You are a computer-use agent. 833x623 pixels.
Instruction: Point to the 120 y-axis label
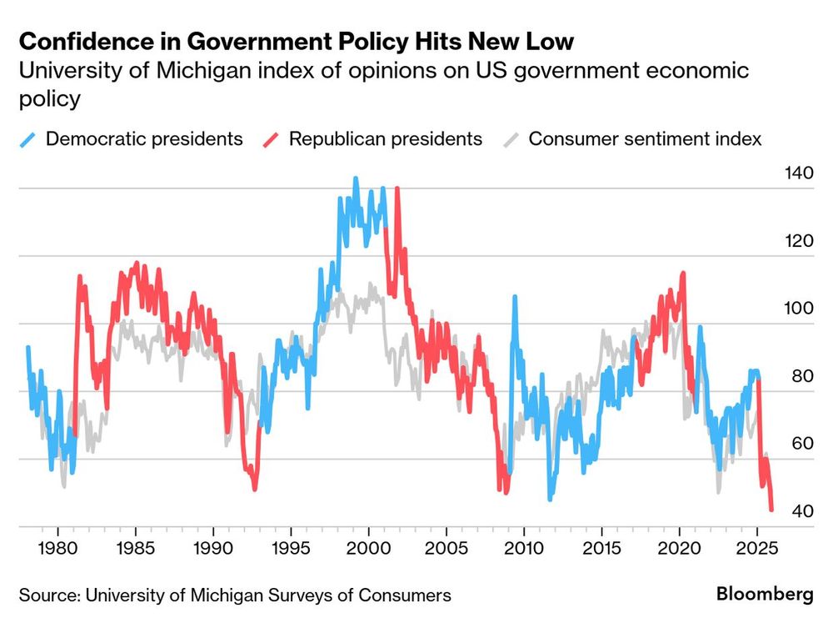pos(798,241)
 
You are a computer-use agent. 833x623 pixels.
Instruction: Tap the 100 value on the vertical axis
pos(798,309)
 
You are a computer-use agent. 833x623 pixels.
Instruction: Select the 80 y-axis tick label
pos(801,376)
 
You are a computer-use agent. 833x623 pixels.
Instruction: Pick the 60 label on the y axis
pos(801,443)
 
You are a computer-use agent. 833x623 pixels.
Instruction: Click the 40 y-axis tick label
pos(801,510)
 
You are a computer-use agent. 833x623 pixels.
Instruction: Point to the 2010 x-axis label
pos(525,551)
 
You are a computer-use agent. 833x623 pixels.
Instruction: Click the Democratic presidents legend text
pos(144,138)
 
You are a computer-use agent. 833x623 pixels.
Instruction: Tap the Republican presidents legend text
pos(386,138)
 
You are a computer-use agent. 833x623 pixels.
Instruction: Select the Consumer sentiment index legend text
pos(645,138)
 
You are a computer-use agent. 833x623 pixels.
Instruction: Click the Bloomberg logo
pos(765,595)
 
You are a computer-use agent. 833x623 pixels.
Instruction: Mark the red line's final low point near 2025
pos(771,509)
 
